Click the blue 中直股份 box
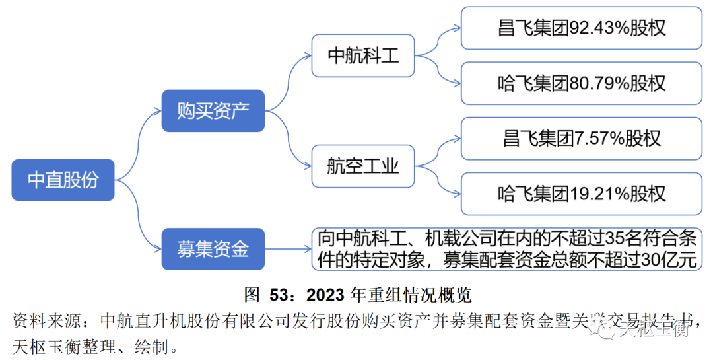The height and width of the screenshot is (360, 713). (x=63, y=180)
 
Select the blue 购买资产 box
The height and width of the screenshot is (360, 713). (x=213, y=110)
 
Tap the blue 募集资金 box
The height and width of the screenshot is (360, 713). (x=213, y=249)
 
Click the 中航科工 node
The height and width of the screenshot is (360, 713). (x=364, y=55)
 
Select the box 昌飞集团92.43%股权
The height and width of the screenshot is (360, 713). (x=581, y=28)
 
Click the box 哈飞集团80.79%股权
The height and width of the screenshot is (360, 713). (x=581, y=83)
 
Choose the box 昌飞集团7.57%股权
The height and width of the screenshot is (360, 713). (x=581, y=138)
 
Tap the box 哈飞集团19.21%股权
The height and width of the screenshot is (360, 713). (x=581, y=194)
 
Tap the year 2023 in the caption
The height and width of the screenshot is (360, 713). (x=325, y=293)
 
